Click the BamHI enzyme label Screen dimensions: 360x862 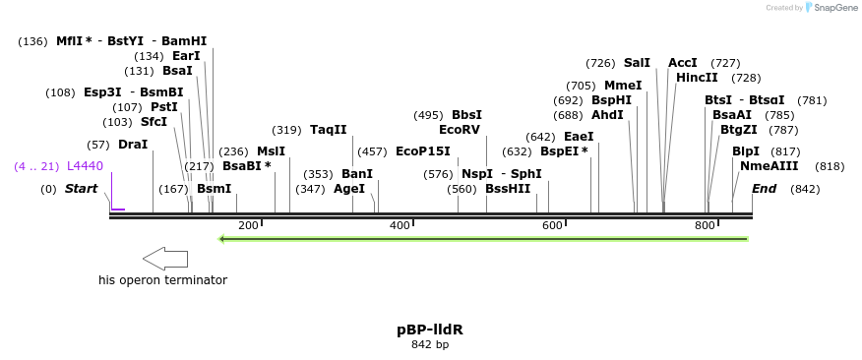184,41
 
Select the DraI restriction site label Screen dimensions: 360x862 133,145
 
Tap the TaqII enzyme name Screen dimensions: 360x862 329,130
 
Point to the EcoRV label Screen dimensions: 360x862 460,130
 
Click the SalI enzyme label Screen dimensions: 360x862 637,63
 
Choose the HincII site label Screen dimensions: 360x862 697,78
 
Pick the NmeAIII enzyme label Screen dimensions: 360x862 769,166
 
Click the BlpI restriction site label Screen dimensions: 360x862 746,151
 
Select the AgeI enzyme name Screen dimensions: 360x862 349,189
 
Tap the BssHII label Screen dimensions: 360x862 508,189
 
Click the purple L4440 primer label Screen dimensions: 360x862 85,166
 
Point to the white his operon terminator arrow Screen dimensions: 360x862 165,259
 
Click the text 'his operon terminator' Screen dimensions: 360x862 162,280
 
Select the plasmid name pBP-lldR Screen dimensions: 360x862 429,330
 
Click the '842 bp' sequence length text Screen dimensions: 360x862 429,345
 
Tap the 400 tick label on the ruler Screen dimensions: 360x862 400,226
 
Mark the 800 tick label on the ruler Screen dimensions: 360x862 705,226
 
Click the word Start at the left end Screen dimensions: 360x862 81,189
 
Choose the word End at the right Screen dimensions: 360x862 765,189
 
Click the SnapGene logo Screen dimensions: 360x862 831,8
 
